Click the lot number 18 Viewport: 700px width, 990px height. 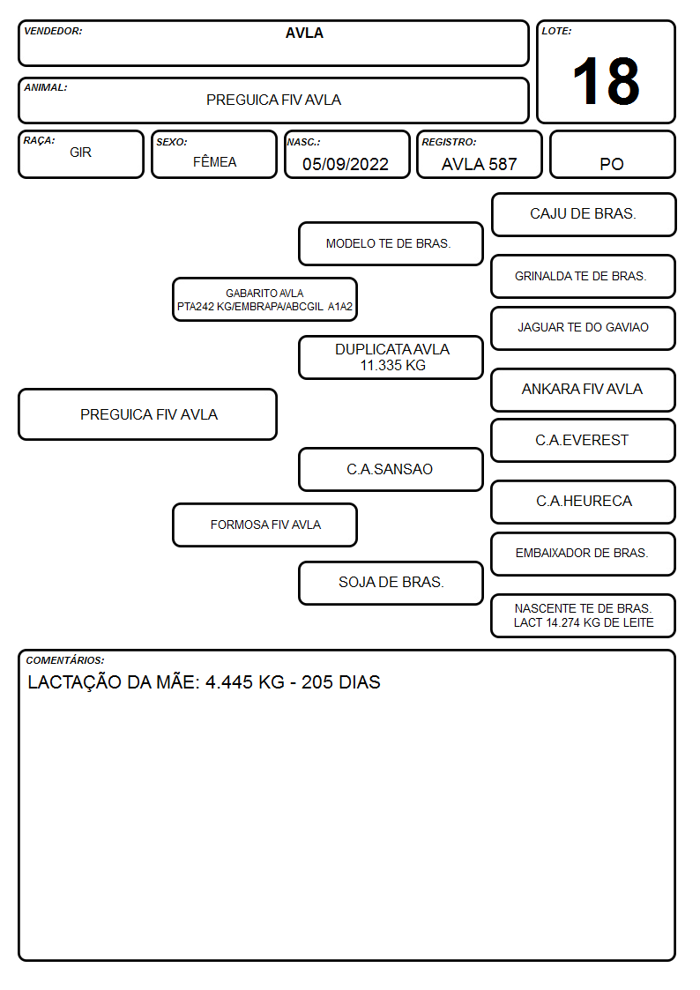[x=606, y=81]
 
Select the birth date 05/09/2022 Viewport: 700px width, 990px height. [x=346, y=164]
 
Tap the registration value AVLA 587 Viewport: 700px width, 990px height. [x=479, y=164]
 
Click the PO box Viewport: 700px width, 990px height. [x=612, y=154]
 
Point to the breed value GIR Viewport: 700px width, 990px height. [x=81, y=153]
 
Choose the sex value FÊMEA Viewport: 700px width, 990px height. [x=214, y=161]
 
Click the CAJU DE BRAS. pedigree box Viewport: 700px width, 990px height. [x=584, y=215]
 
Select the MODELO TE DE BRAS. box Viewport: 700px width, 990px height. [x=391, y=243]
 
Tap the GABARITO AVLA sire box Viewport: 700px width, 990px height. [x=264, y=299]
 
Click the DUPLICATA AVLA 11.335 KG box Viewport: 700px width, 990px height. [x=391, y=357]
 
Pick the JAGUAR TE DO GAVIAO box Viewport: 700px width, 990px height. [x=584, y=328]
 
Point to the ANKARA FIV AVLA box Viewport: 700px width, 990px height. [x=584, y=390]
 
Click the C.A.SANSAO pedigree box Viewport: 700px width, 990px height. [x=391, y=469]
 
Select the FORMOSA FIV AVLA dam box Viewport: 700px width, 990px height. [x=264, y=525]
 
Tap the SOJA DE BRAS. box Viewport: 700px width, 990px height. [x=391, y=583]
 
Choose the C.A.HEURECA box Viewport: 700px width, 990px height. [x=584, y=502]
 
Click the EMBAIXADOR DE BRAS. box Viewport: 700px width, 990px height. [x=584, y=554]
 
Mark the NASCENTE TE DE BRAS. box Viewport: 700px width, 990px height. [x=584, y=615]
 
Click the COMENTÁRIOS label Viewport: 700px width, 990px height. [x=65, y=660]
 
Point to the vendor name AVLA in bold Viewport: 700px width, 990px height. [x=304, y=33]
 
